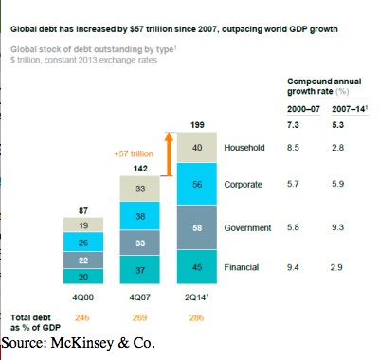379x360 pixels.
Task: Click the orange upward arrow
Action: coord(170,153)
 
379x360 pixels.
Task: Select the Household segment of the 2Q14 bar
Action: coord(197,148)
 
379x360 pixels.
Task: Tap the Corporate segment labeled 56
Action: coord(197,184)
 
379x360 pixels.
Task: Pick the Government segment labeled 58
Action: coord(197,227)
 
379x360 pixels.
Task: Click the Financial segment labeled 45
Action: coord(197,267)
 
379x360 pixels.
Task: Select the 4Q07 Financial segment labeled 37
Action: coord(140,270)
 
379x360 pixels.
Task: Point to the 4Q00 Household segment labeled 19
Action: coord(83,225)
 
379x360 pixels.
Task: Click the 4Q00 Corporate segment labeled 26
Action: coord(83,242)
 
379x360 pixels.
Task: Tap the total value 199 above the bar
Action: coord(197,125)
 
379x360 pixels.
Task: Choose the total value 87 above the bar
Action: coord(83,210)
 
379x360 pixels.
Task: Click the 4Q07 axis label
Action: coord(140,297)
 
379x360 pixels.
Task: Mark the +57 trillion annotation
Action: coord(134,153)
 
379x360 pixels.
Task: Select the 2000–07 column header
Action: coord(303,109)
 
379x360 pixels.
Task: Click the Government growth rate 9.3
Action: coord(337,227)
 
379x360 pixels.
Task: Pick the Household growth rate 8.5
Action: coord(293,148)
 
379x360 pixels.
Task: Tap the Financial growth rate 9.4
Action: coord(293,267)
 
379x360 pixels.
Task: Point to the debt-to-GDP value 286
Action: coord(196,317)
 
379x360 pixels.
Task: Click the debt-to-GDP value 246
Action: coord(82,317)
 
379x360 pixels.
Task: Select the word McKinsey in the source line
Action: coord(81,343)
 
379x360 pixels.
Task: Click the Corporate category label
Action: coord(244,185)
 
